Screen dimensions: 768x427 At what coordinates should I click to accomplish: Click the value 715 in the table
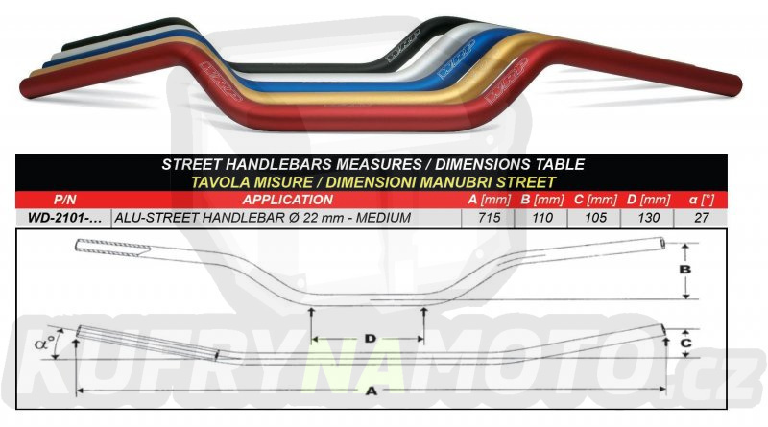click(489, 218)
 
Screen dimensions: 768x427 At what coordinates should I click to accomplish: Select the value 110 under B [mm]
click(542, 218)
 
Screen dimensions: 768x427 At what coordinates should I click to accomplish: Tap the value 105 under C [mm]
click(595, 218)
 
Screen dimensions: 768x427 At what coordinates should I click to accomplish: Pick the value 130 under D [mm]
click(649, 218)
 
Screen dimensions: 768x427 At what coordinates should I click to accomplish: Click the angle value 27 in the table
click(702, 218)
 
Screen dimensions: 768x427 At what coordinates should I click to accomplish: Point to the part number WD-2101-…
click(64, 218)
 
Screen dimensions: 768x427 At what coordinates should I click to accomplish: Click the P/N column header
click(64, 200)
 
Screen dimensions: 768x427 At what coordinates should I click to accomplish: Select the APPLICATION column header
click(287, 200)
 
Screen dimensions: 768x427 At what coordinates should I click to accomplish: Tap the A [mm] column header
click(489, 200)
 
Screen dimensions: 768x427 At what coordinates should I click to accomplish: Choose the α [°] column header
click(702, 200)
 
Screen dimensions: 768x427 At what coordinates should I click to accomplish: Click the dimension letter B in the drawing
click(685, 269)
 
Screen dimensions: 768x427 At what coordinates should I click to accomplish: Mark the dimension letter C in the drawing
click(685, 343)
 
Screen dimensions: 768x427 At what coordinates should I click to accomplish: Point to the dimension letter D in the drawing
click(371, 339)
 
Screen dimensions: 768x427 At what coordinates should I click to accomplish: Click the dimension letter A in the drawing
click(372, 391)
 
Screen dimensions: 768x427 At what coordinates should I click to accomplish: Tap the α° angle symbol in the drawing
click(44, 344)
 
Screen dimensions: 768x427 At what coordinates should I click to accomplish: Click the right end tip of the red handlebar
click(740, 85)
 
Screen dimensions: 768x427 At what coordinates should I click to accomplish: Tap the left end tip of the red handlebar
click(20, 89)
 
